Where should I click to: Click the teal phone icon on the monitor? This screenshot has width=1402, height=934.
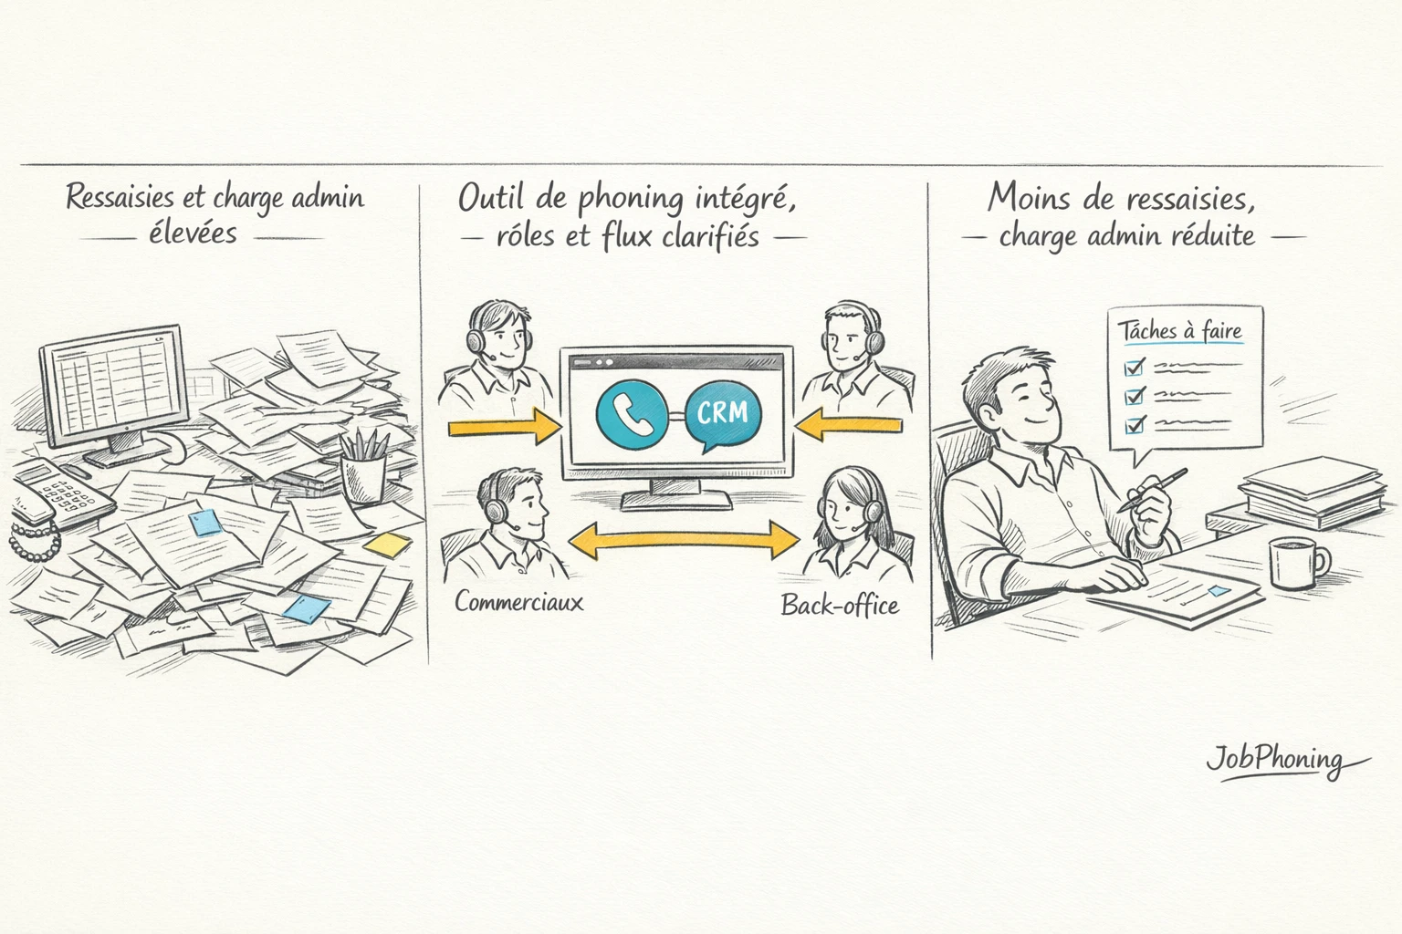tap(632, 414)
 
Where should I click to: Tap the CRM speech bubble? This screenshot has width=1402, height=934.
tap(724, 415)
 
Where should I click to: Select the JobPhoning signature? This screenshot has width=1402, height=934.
tap(1284, 761)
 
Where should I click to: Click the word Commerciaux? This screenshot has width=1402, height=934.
tap(518, 602)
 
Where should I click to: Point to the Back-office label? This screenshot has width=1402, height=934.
tap(840, 605)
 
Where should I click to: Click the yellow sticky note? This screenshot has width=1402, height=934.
tap(387, 545)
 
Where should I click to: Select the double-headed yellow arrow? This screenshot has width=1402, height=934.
tap(684, 539)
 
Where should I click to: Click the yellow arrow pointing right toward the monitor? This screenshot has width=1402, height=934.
tap(505, 427)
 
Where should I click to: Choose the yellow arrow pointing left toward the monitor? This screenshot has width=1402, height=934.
tap(848, 425)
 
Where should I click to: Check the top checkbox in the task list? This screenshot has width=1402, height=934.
tap(1134, 368)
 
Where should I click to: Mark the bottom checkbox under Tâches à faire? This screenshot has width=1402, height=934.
tap(1134, 425)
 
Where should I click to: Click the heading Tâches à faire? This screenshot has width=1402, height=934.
tap(1180, 331)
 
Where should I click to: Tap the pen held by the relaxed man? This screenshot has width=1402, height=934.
tap(1153, 490)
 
